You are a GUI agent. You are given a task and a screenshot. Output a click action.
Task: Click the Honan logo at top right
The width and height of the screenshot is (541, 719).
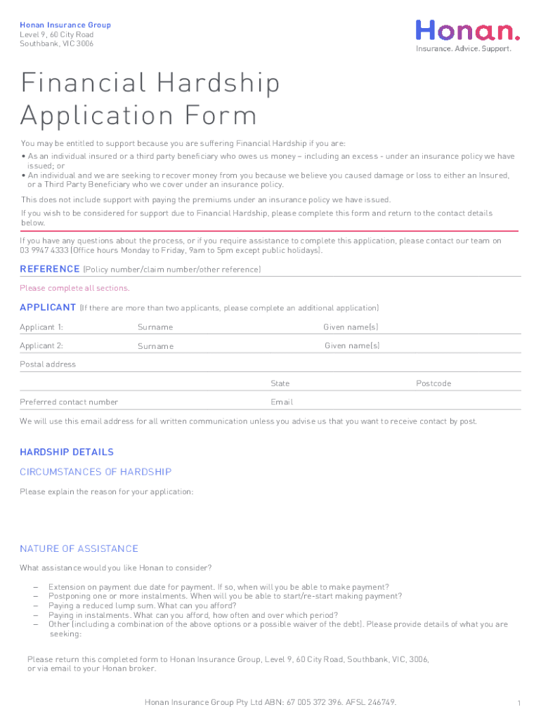click(469, 31)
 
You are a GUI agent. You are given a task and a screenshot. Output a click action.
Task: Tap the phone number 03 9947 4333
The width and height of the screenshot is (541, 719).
click(44, 251)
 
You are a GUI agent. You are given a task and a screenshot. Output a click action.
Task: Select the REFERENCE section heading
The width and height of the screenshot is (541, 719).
click(50, 269)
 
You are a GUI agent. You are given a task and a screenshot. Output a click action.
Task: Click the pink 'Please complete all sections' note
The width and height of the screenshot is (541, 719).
click(74, 289)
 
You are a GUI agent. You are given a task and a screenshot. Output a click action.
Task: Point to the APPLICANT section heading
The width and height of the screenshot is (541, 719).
click(48, 308)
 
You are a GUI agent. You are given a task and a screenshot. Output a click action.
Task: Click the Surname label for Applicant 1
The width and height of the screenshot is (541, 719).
click(155, 327)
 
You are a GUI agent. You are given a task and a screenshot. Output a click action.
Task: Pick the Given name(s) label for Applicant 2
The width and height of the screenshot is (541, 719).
click(352, 345)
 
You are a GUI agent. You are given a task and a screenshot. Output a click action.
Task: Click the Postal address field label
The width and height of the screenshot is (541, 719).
click(48, 364)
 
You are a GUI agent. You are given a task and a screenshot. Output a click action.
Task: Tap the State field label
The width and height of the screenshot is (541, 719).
click(280, 383)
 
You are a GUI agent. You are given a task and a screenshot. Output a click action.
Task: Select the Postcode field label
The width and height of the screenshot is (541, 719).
click(434, 383)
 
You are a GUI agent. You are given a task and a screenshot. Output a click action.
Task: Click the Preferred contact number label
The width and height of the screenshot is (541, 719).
click(69, 402)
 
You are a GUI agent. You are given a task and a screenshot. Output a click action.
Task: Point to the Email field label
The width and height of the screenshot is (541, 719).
click(282, 402)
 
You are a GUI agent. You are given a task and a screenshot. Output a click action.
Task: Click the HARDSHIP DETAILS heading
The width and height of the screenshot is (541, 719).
click(67, 452)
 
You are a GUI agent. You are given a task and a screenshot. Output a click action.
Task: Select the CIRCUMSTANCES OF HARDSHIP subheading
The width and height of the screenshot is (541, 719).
click(96, 472)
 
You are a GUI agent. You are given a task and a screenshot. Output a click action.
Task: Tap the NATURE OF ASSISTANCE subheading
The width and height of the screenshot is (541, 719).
click(79, 548)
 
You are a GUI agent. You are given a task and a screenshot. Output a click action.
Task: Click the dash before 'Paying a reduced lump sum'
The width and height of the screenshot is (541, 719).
click(34, 606)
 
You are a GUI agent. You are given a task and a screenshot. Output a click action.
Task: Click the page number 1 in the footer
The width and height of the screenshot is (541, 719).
click(518, 704)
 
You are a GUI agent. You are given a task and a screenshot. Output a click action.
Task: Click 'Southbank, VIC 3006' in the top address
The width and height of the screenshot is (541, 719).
click(56, 44)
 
